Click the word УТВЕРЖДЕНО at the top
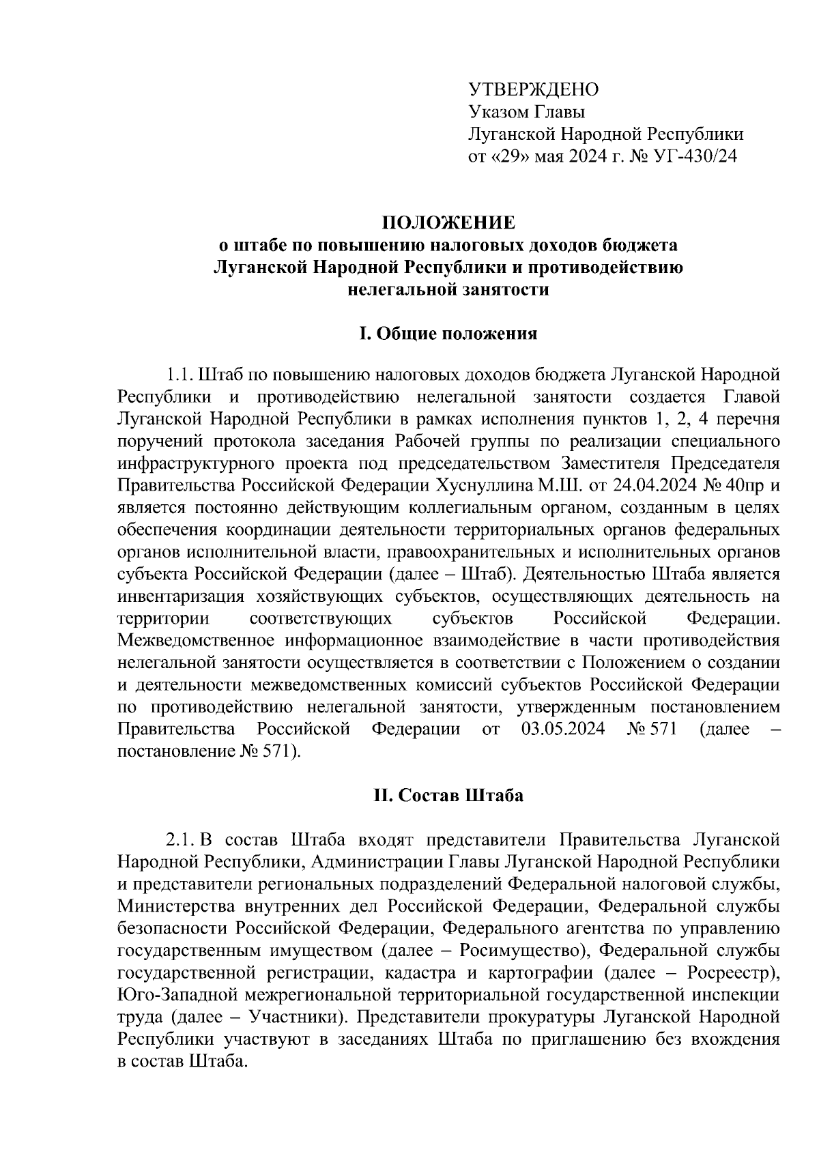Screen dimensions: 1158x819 533,89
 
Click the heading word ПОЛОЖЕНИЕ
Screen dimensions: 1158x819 448,223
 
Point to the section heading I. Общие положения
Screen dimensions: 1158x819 448,334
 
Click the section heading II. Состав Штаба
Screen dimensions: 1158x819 448,795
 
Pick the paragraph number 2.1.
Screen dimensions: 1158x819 182,839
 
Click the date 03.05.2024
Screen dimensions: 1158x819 563,729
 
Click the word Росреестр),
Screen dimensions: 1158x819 734,972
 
